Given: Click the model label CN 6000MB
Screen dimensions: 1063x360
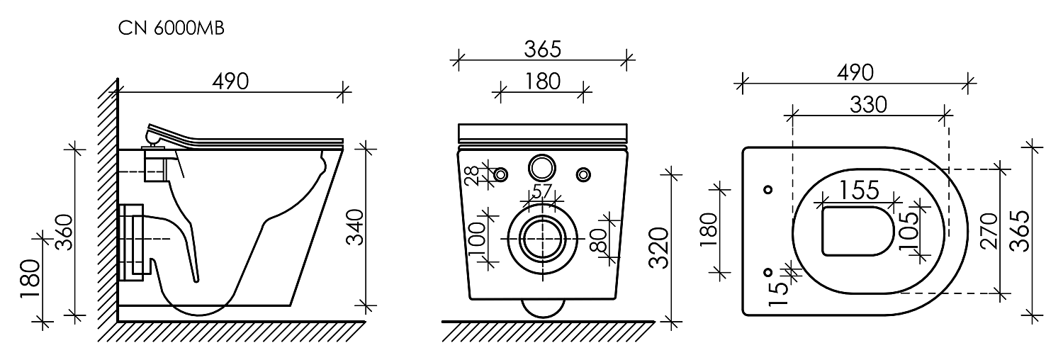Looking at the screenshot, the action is click(171, 28).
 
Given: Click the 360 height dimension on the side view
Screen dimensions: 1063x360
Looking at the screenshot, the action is click(64, 232).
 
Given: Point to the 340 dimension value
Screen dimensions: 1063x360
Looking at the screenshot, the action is click(354, 227).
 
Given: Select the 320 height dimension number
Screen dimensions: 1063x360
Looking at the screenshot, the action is click(658, 247).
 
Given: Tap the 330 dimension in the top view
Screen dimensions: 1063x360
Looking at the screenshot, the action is click(868, 104).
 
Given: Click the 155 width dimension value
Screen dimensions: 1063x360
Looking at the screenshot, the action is click(860, 190).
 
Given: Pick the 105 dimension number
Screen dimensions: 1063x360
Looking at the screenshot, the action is click(908, 232).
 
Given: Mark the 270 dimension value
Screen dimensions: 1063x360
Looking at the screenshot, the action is click(989, 231).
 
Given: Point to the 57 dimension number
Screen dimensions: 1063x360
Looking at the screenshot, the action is click(541, 191).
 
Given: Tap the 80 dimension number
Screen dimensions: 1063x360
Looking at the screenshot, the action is click(598, 240).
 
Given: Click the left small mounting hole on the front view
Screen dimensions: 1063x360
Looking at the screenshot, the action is click(500, 174).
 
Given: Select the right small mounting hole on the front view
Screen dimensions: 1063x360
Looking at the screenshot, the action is click(584, 174).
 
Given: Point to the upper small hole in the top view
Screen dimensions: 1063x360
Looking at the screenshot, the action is click(767, 189).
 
